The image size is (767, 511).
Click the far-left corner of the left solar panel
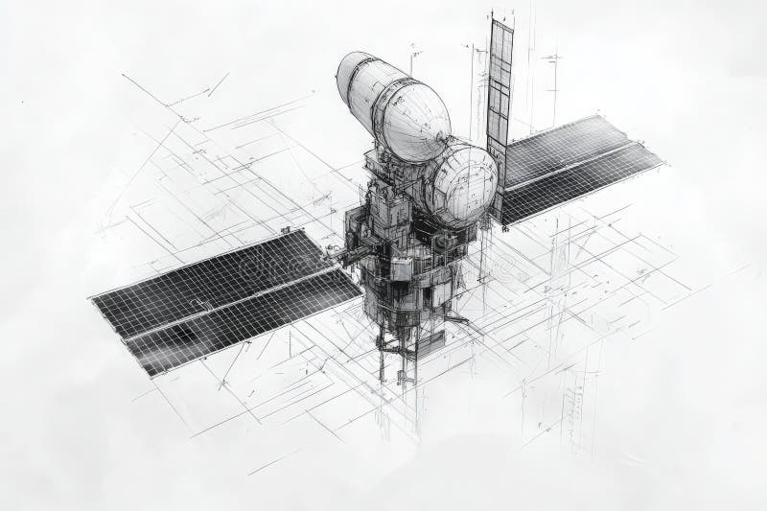93,297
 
